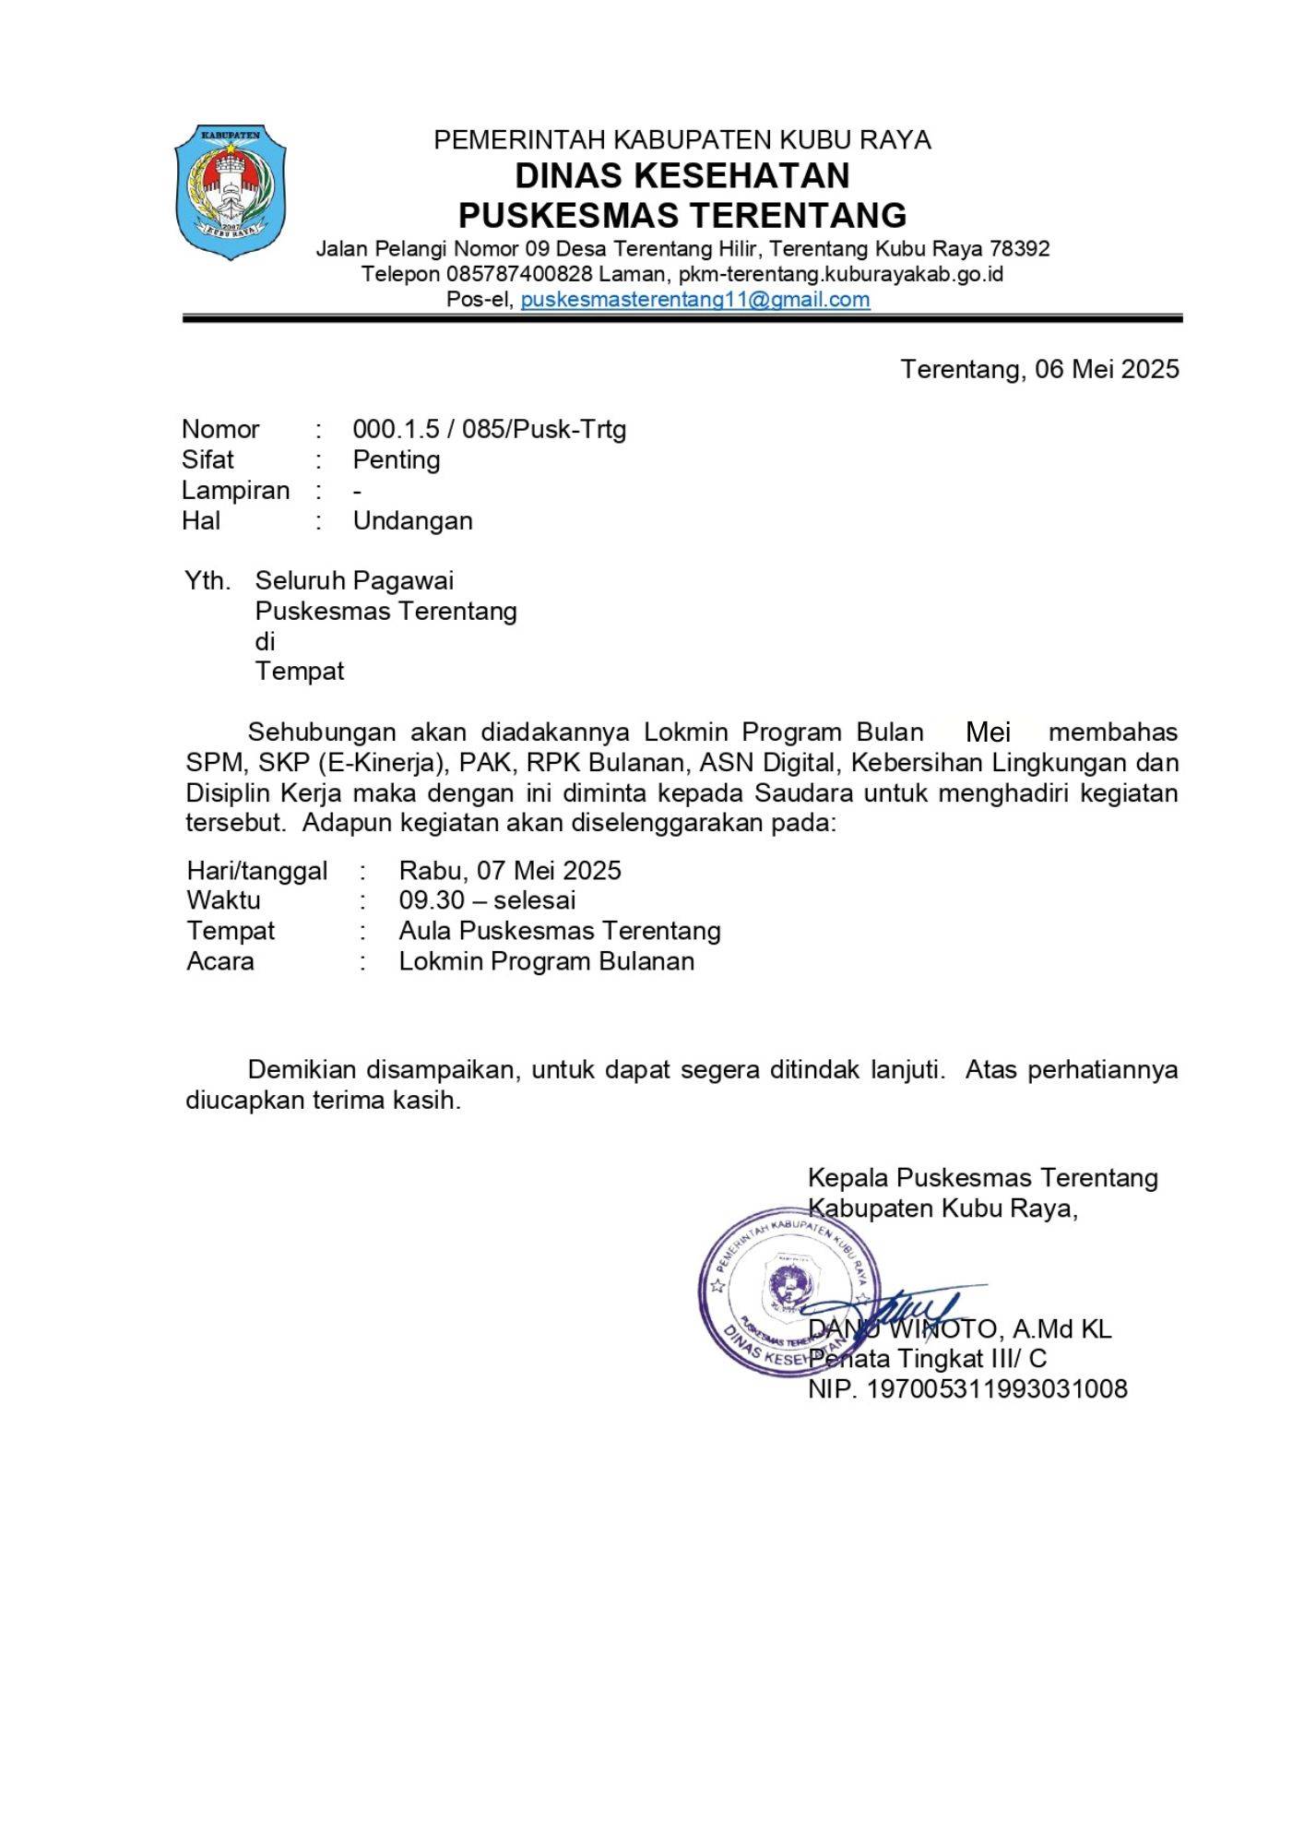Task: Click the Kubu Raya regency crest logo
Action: pos(231,192)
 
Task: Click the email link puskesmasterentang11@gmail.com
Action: pos(694,300)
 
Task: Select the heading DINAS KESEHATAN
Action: pos(682,175)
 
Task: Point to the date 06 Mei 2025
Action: pos(1107,369)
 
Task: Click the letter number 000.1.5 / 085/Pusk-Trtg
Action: pos(489,429)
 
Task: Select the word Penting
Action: pos(396,459)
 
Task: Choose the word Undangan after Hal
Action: pos(412,520)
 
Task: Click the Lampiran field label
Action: pos(235,490)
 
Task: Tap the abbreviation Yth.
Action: pos(207,580)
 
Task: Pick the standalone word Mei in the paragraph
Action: pos(988,732)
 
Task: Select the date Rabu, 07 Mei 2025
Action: pos(510,871)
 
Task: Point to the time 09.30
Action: pos(432,900)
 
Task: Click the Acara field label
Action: pos(220,961)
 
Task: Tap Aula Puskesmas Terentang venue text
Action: pos(560,931)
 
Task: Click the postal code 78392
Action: pos(1019,249)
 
